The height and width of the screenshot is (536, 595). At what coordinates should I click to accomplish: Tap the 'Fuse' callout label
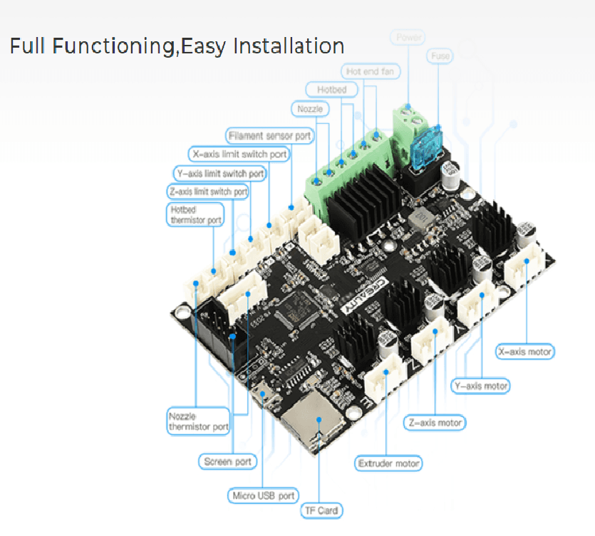[x=440, y=56]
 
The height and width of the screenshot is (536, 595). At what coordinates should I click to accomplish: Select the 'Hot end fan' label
[x=371, y=72]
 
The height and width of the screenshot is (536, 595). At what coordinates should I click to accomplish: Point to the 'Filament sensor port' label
[x=269, y=135]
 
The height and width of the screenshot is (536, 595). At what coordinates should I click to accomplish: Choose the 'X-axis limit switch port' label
[x=239, y=154]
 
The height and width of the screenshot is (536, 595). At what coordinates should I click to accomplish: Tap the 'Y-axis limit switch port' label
[x=219, y=173]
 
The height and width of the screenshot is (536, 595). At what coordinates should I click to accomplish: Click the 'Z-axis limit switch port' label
[x=208, y=191]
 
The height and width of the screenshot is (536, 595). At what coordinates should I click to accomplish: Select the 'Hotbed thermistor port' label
[x=195, y=215]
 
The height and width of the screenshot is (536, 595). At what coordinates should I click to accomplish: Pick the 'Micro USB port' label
[x=263, y=495]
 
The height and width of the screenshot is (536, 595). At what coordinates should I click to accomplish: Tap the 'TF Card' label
[x=321, y=510]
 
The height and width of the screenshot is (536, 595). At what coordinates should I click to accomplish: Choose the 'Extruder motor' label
[x=388, y=463]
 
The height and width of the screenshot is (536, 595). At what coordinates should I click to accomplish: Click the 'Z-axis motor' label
[x=434, y=423]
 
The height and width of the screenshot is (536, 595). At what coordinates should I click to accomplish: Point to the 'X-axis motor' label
[x=525, y=351]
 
